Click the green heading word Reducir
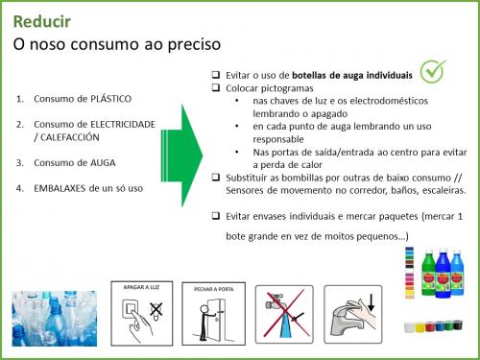click(42, 22)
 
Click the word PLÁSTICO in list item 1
click(111, 99)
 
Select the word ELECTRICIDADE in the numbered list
click(123, 124)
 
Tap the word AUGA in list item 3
click(103, 162)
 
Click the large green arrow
click(181, 156)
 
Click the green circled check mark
click(433, 72)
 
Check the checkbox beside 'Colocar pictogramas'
click(216, 87)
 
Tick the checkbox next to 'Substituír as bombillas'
click(216, 177)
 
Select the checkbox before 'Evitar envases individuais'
click(216, 216)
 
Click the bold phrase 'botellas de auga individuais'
click(352, 75)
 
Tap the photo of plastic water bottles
click(55, 319)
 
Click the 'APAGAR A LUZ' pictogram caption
click(141, 287)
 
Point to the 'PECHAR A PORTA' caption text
click(214, 289)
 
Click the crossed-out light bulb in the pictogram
click(156, 310)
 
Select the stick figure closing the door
click(204, 323)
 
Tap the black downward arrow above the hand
click(371, 302)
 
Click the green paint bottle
click(429, 274)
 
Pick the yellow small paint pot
click(420, 327)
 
